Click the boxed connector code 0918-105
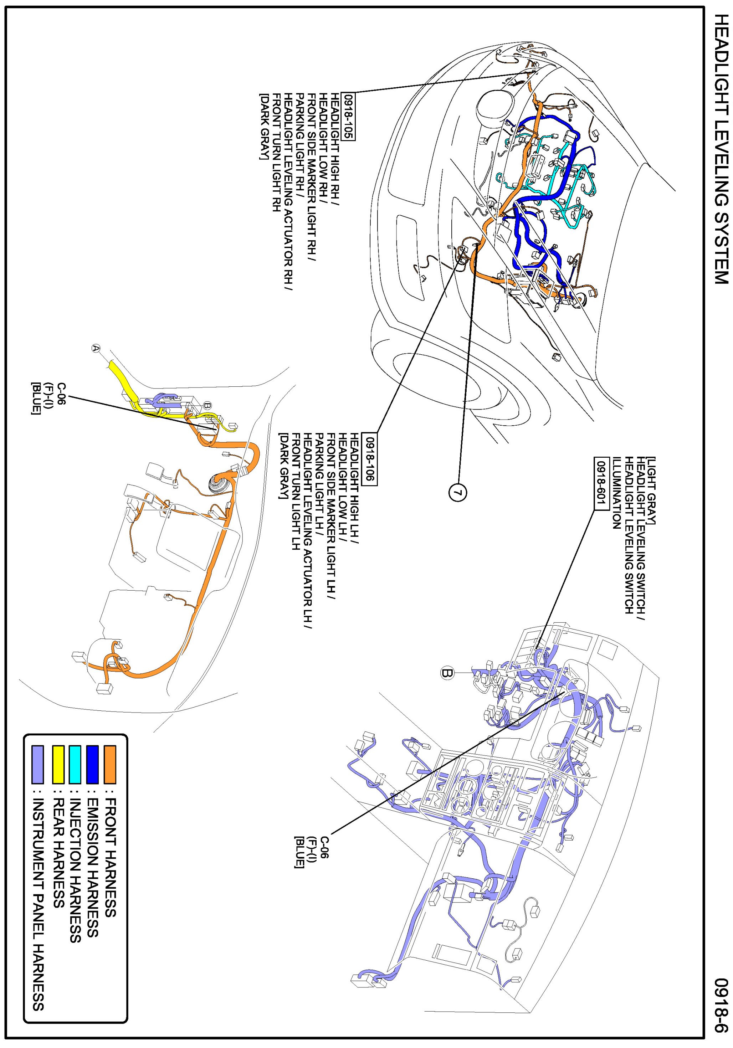349,117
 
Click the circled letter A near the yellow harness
96,348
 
